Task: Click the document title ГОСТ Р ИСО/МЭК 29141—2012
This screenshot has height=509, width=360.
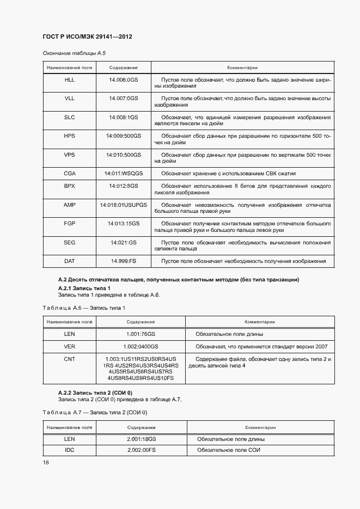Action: click(x=87, y=36)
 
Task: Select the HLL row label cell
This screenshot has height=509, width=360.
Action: click(x=70, y=79)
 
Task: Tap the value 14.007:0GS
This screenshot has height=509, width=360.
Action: click(x=124, y=98)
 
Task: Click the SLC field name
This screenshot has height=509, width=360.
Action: click(x=70, y=117)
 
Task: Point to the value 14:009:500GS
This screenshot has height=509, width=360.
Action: click(x=124, y=136)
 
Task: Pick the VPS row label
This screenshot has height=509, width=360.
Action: click(x=70, y=155)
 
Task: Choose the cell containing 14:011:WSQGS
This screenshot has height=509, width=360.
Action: click(x=124, y=173)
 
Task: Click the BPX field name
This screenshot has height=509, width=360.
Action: click(x=70, y=186)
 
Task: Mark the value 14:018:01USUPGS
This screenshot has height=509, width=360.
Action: click(x=124, y=205)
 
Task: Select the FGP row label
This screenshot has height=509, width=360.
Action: click(x=70, y=224)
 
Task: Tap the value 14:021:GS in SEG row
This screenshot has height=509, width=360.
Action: click(x=124, y=242)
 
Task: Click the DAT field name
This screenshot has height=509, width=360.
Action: click(x=70, y=261)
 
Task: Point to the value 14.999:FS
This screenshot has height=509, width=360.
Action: click(x=124, y=261)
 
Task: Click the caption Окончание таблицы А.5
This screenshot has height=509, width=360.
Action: click(x=70, y=53)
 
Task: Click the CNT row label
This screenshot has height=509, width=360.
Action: click(x=70, y=359)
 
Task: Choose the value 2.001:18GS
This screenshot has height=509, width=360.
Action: click(x=142, y=438)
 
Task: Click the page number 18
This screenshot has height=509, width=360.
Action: click(x=46, y=462)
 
